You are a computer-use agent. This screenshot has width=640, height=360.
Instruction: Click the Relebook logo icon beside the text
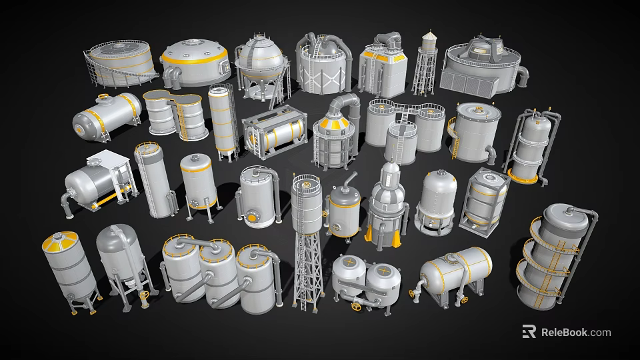[529, 332]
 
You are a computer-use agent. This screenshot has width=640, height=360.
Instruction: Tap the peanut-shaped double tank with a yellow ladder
[175, 113]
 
